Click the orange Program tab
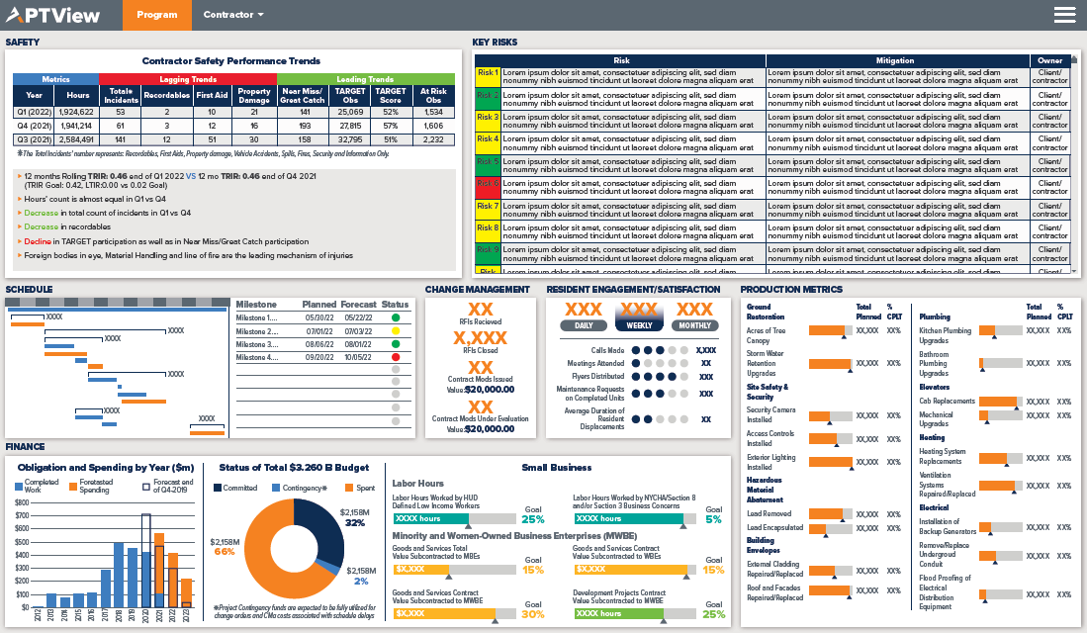[157, 15]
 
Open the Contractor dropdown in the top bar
[233, 15]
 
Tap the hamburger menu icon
[1065, 15]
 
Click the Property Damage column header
[254, 95]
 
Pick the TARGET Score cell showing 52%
[391, 112]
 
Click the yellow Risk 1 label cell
[488, 73]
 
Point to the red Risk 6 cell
[488, 183]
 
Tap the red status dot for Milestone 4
[396, 357]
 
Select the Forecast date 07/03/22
[357, 330]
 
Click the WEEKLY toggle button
[638, 325]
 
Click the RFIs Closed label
[480, 350]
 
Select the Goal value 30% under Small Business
[532, 614]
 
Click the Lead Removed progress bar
[829, 514]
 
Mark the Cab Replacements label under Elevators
[947, 402]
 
